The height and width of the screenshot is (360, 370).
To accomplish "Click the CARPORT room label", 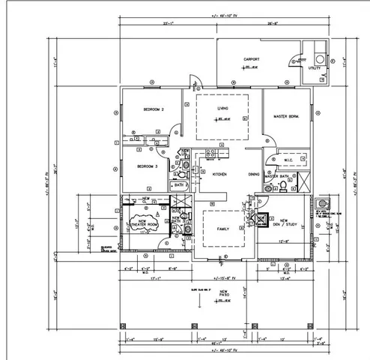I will [251, 59].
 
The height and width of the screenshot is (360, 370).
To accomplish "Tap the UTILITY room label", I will [315, 68].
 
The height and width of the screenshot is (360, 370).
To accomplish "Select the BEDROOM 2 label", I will [154, 110].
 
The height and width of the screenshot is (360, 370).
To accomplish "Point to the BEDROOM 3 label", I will [146, 166].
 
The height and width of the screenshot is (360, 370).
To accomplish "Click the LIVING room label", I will [222, 109].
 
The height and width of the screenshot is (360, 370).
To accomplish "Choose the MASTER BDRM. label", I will [286, 117].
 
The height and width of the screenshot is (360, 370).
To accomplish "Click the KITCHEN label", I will [219, 174].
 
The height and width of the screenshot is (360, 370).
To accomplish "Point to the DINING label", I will [255, 174].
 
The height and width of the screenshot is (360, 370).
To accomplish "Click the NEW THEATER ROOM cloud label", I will [143, 223].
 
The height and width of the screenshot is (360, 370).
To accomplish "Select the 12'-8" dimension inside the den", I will [285, 241].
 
